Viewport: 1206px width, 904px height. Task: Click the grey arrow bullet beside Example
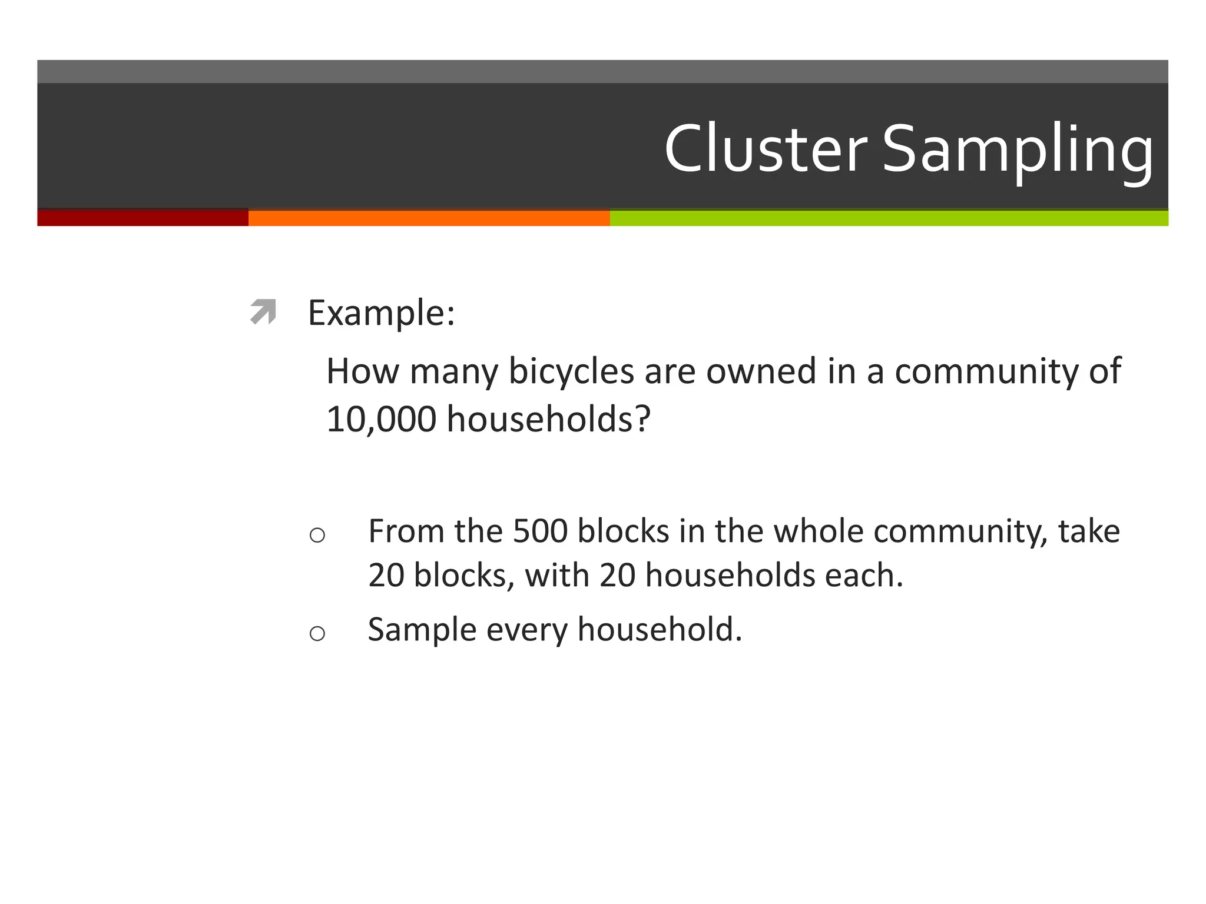pos(263,311)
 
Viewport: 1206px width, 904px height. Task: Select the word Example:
pos(381,313)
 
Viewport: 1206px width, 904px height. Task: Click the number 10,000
pos(381,420)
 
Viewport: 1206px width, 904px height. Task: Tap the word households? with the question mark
pos(549,420)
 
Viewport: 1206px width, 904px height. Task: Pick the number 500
pos(540,531)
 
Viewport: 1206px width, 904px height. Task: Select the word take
pos(1089,531)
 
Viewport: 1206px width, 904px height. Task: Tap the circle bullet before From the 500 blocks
pos(317,535)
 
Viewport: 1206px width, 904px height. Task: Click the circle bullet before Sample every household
pos(317,633)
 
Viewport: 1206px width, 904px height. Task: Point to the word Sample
pos(422,630)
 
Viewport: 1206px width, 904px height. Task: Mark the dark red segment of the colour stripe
pos(143,218)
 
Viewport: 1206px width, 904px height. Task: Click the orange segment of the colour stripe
pos(429,218)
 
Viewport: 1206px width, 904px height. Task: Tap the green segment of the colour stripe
pos(889,218)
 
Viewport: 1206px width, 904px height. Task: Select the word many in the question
pos(454,372)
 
